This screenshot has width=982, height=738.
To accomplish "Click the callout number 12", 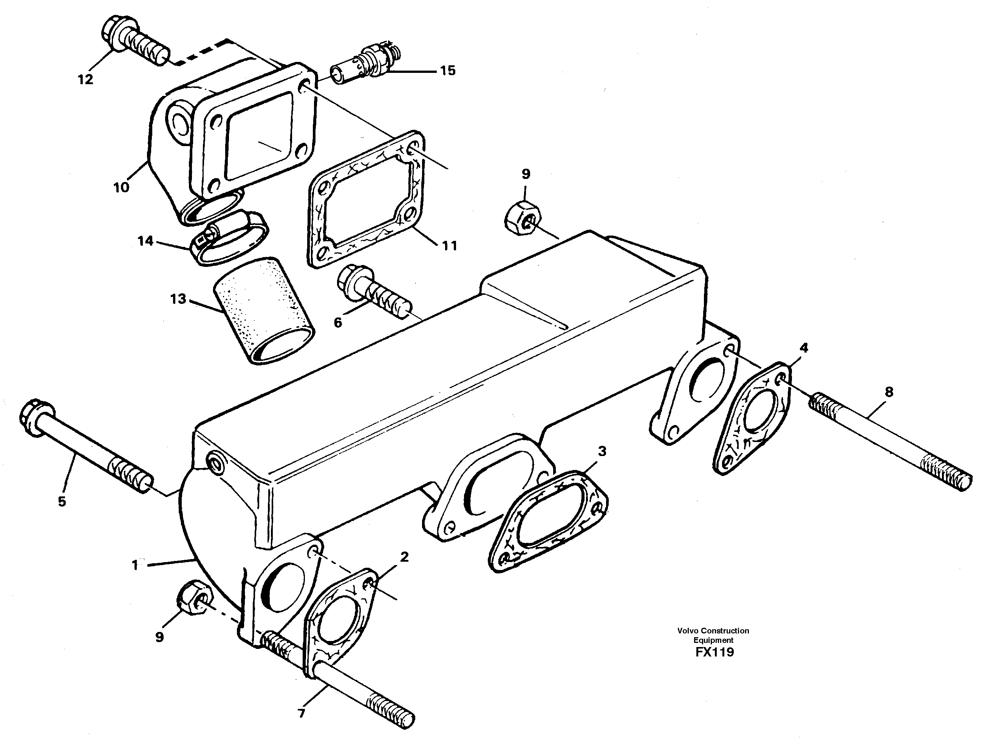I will pyautogui.click(x=85, y=80).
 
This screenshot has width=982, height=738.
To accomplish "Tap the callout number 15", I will pyautogui.click(x=447, y=71).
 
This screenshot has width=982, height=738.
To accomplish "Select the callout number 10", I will pyautogui.click(x=121, y=187).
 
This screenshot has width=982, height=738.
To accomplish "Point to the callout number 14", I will pyautogui.click(x=145, y=241).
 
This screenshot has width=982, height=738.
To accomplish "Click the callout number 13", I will pyautogui.click(x=178, y=299).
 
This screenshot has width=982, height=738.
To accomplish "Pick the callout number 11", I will pyautogui.click(x=449, y=245).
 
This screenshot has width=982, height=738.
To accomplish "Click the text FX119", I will pyautogui.click(x=714, y=652).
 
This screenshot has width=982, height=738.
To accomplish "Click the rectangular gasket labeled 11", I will pyautogui.click(x=365, y=200).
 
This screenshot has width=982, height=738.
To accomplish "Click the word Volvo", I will pyautogui.click(x=687, y=631).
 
